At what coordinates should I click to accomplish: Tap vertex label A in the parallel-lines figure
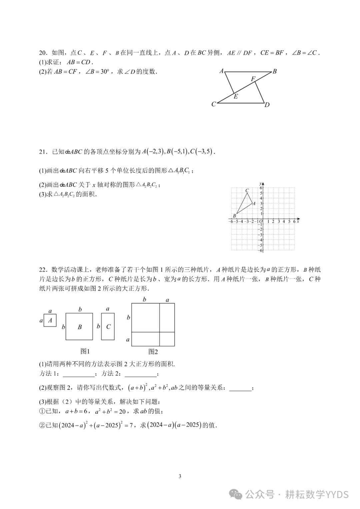click(x=221, y=71)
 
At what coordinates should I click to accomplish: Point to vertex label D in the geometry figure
click(x=267, y=105)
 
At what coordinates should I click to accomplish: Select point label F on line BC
click(x=253, y=79)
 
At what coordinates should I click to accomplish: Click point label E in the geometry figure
click(x=236, y=97)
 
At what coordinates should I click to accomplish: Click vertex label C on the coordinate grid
click(x=247, y=191)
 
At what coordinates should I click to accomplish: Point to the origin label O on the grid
click(x=260, y=221)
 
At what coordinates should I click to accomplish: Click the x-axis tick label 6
click(x=294, y=221)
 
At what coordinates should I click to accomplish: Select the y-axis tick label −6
click(x=261, y=250)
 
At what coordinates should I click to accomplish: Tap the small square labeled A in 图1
click(x=50, y=320)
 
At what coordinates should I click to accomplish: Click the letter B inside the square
click(x=80, y=327)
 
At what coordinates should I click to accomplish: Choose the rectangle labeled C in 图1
click(x=108, y=326)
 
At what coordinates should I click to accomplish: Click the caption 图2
click(x=153, y=352)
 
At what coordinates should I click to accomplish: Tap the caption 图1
click(x=85, y=351)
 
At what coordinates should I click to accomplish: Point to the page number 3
click(x=180, y=476)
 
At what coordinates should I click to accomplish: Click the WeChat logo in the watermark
click(x=237, y=494)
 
